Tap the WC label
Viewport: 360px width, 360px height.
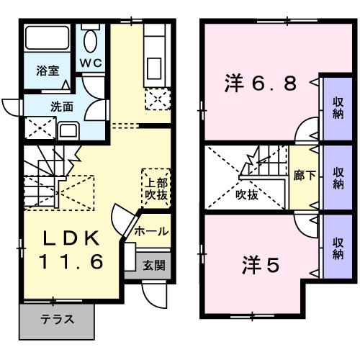pyautogui.click(x=91, y=63)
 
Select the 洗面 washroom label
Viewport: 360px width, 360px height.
pyautogui.click(x=61, y=107)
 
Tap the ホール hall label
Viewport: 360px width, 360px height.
pyautogui.click(x=152, y=231)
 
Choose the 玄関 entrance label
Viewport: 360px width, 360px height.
pyautogui.click(x=153, y=265)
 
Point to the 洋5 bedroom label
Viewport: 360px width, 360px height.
pyautogui.click(x=260, y=266)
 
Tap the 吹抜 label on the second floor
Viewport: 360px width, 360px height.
pyautogui.click(x=246, y=193)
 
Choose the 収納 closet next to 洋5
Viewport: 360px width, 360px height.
pyautogui.click(x=338, y=247)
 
